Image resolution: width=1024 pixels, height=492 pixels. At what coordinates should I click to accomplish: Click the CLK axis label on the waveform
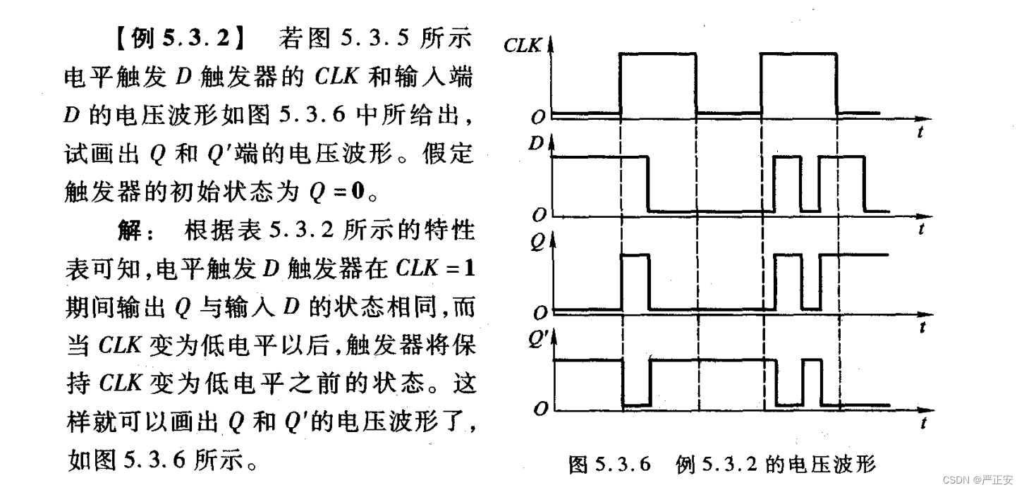coord(523,46)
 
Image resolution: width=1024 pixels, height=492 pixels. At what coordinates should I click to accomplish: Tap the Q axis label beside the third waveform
coord(537,242)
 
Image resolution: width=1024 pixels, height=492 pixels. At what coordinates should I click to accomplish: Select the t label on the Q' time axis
coord(922,423)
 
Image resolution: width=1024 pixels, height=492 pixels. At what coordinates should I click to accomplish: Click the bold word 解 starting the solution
coord(133,230)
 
